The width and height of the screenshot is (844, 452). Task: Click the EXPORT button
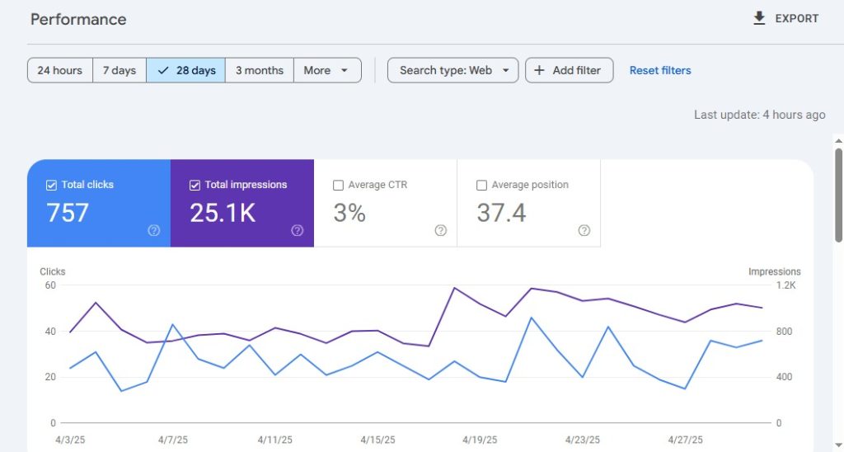[x=785, y=18]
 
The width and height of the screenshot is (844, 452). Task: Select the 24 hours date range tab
[x=60, y=70]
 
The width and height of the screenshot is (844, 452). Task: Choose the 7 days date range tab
[x=120, y=70]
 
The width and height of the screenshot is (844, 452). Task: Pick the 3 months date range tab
[x=259, y=70]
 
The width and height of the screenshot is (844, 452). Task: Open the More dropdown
[x=327, y=70]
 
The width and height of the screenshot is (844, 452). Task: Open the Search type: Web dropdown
[x=452, y=70]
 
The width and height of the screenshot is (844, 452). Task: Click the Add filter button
[x=569, y=70]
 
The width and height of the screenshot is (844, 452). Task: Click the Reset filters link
[x=660, y=70]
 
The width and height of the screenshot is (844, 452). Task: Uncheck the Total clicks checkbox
[x=51, y=186]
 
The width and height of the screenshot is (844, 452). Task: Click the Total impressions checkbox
[x=195, y=186]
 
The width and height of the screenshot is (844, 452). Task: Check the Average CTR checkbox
[x=338, y=186]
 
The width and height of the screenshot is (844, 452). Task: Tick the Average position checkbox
[x=481, y=186]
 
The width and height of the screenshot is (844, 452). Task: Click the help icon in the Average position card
[x=584, y=231]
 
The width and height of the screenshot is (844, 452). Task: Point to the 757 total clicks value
[x=68, y=213]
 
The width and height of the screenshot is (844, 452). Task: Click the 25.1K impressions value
[x=223, y=213]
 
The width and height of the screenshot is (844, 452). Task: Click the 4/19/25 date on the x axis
[x=481, y=440]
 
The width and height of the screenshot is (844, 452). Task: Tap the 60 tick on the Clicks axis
[x=50, y=285]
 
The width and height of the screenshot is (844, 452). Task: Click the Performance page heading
[x=78, y=19]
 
